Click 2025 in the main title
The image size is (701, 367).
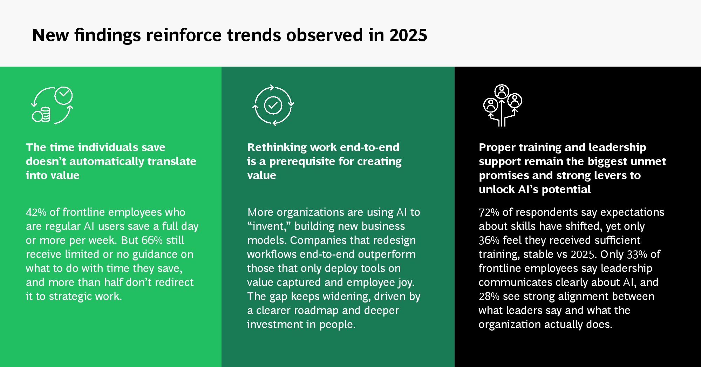coord(408,35)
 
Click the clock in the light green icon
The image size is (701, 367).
coord(63,95)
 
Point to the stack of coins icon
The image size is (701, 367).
coord(41,115)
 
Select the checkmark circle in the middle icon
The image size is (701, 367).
coord(273,105)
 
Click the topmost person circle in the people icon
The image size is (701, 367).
coord(502,91)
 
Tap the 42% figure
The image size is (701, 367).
coord(36,212)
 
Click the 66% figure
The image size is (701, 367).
coord(152,240)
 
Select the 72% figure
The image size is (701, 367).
coord(489,212)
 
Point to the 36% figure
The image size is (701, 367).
coord(489,240)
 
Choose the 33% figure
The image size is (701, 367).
coord(637,254)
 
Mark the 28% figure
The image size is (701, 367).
coord(489,297)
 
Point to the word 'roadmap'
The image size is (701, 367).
coord(316,311)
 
